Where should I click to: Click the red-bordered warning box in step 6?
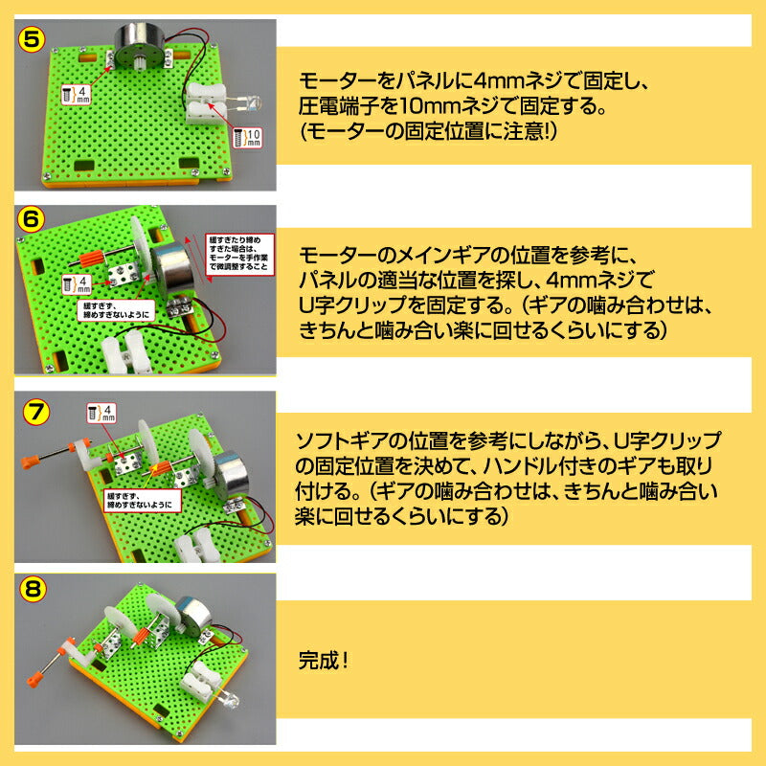click(x=238, y=255)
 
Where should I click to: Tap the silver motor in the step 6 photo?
click(x=177, y=266)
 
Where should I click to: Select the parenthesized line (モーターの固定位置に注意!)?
click(x=427, y=131)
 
